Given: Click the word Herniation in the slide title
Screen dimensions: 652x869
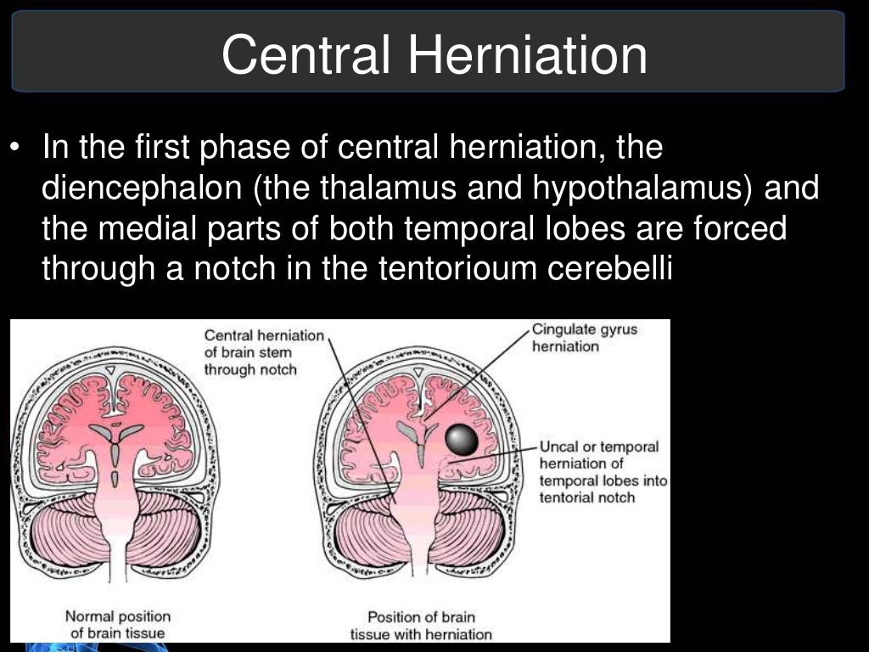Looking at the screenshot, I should click(528, 55).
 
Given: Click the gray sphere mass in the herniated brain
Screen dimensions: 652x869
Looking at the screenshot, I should click(462, 441).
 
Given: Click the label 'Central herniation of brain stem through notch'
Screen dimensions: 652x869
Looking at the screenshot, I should click(264, 352).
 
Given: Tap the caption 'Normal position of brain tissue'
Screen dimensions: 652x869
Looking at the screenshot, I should click(118, 624).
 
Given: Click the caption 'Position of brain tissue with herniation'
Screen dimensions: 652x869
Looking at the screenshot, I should click(420, 625).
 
